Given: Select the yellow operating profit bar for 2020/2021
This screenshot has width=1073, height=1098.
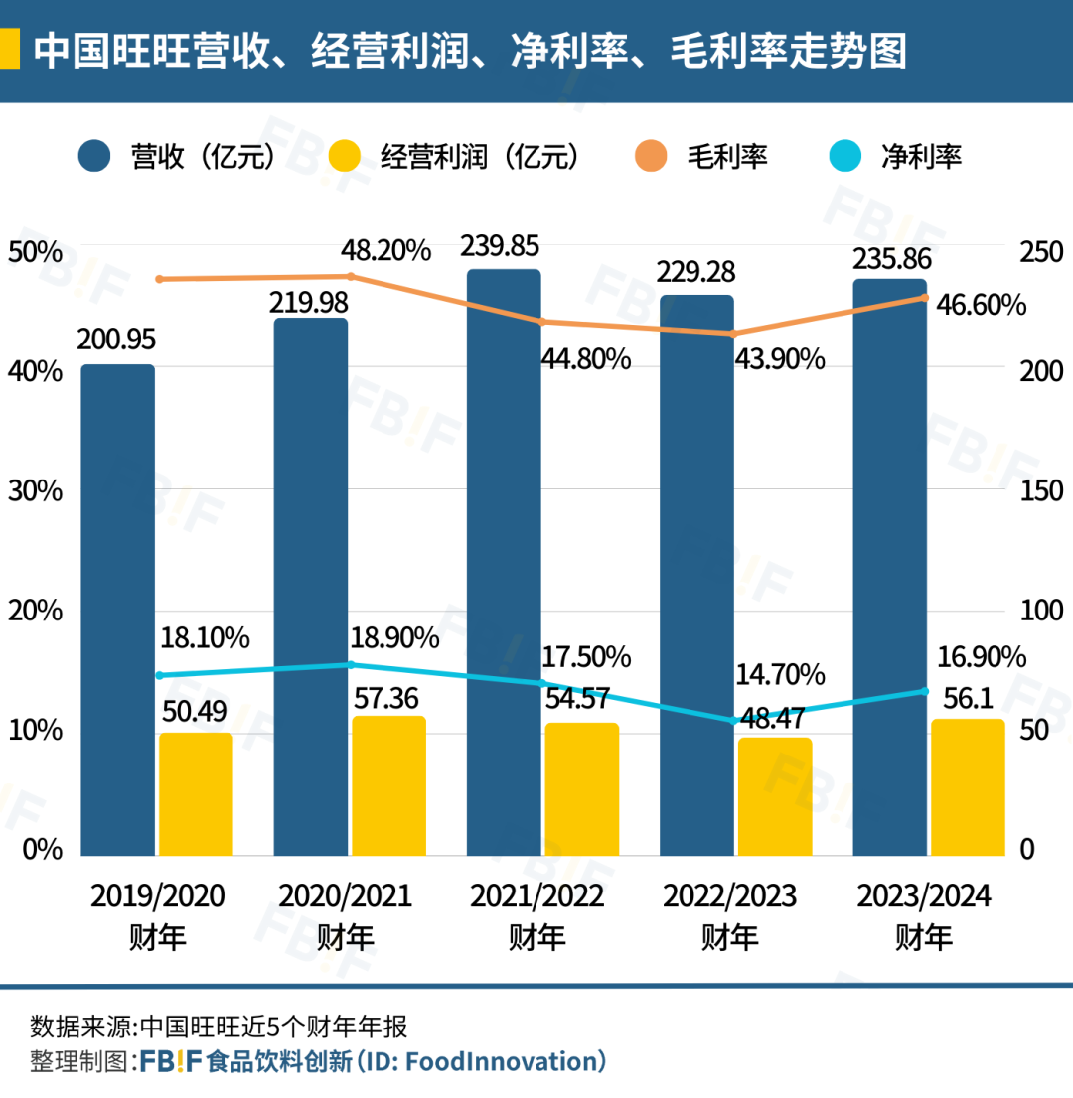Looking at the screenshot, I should click(x=388, y=784).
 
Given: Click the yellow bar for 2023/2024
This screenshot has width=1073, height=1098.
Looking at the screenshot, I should click(x=968, y=786).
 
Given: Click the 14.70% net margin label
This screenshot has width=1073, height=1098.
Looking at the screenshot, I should click(x=780, y=675).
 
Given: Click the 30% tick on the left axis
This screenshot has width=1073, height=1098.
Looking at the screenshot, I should click(x=35, y=491).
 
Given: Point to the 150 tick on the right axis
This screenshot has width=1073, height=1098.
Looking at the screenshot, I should click(x=1041, y=491).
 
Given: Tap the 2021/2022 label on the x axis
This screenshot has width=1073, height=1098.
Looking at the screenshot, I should click(x=537, y=896).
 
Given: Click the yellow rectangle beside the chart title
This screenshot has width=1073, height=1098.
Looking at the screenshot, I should click(x=9, y=49).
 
